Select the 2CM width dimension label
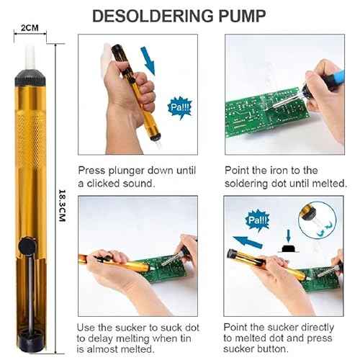30,28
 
